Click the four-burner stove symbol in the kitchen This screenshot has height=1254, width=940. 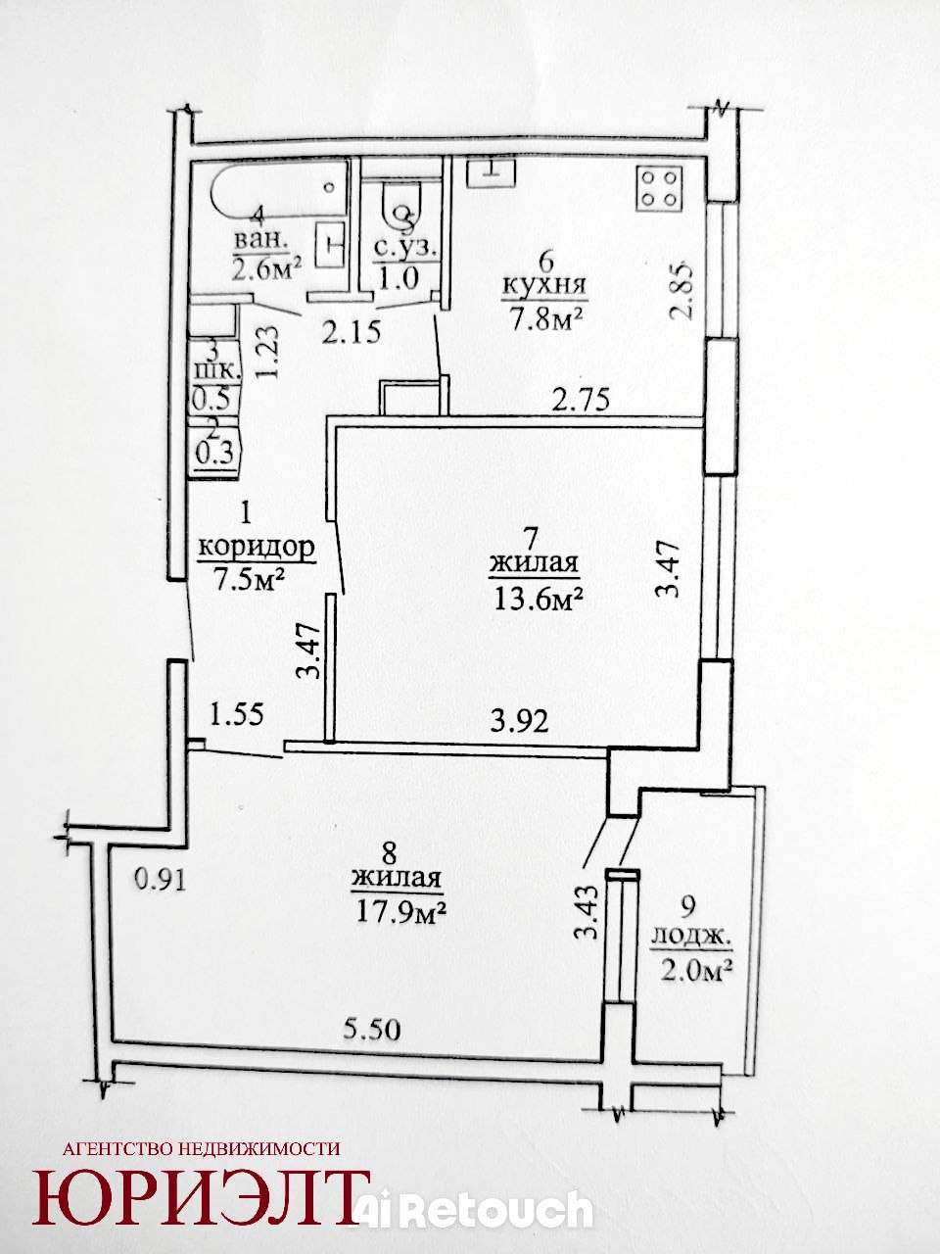point(660,186)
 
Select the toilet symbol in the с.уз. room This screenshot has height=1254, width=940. point(403,208)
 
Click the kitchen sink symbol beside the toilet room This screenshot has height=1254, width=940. point(491,172)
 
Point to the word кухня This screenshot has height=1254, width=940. point(543,285)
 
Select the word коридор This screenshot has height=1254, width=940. point(257,548)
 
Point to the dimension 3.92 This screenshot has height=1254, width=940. point(519,722)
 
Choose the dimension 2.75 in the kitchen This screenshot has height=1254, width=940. point(581,400)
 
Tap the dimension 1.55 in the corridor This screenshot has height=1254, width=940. point(236,714)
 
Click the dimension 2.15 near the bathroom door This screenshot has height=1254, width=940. point(351,332)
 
